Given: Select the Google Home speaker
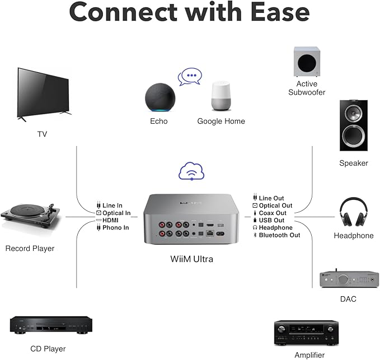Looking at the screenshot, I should click(x=221, y=96).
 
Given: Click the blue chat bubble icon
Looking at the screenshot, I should click(x=189, y=76).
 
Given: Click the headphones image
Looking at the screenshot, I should click(x=353, y=213).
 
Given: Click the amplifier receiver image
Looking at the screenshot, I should click(x=306, y=333).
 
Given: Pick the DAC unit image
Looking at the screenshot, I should click(x=341, y=279).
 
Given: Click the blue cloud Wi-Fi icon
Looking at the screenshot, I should click(x=191, y=171).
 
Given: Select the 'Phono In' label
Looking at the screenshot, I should click(x=116, y=228).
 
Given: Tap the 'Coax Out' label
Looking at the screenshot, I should click(x=273, y=213).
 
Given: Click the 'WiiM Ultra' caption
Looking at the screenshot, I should click(x=191, y=259).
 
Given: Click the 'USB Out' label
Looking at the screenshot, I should click(x=272, y=221).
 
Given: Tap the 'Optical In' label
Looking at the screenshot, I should click(x=116, y=213).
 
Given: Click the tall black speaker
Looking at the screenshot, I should click(x=353, y=125).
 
